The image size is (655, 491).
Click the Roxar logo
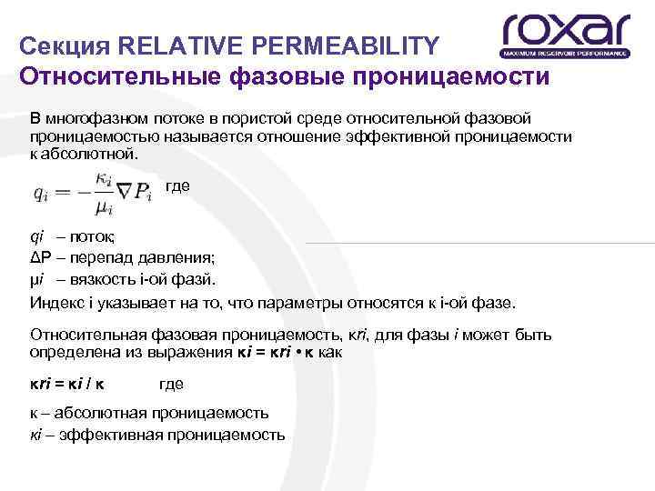[565, 35]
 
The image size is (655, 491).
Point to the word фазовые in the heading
[278, 75]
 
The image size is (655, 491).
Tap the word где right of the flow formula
[177, 185]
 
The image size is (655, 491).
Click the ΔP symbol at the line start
[40, 257]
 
